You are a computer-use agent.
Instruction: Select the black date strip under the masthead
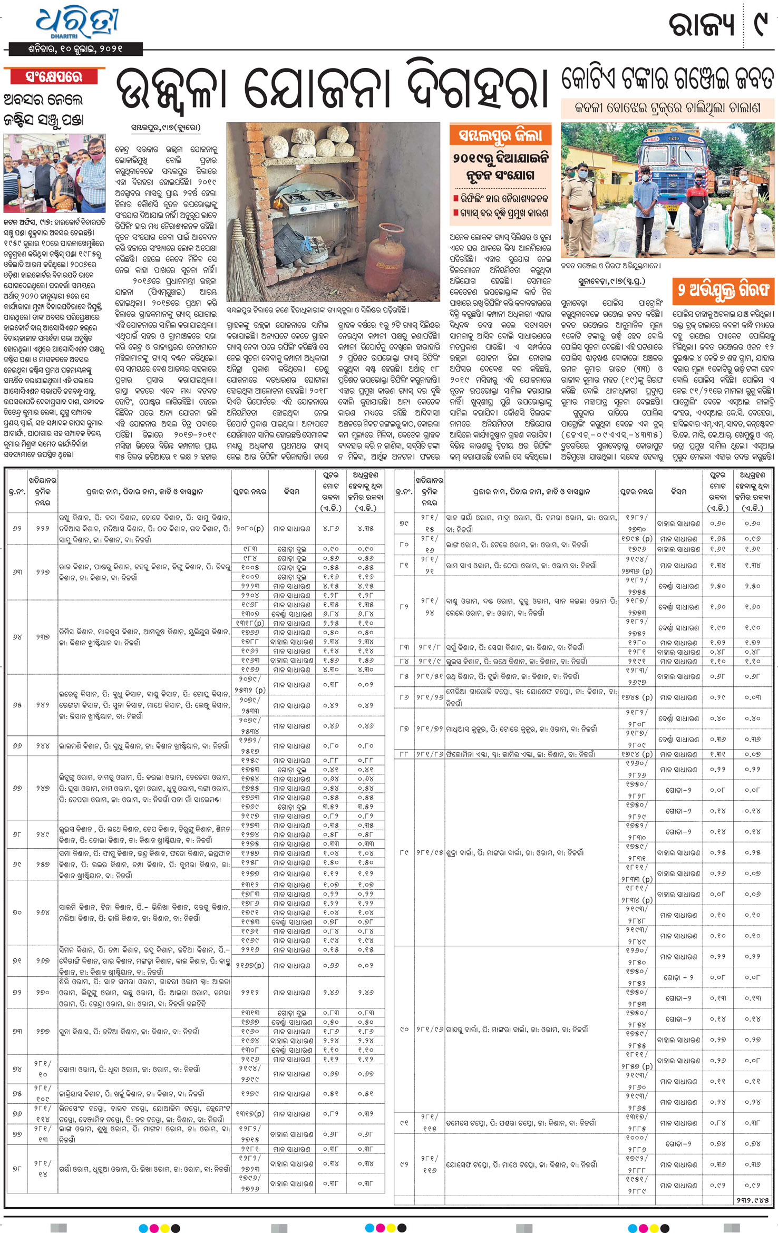click(76, 50)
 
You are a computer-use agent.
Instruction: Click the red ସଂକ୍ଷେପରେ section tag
click(54, 77)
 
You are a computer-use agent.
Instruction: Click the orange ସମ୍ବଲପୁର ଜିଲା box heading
click(500, 135)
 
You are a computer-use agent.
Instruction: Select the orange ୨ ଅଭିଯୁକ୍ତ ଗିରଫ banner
click(723, 290)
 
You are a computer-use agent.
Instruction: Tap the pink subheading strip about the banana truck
click(667, 108)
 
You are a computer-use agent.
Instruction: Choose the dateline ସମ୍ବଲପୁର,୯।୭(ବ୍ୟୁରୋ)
click(166, 128)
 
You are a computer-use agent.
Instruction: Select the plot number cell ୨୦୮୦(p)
click(250, 528)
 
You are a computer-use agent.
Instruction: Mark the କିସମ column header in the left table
click(291, 491)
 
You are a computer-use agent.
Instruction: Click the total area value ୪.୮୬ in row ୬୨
click(331, 528)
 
